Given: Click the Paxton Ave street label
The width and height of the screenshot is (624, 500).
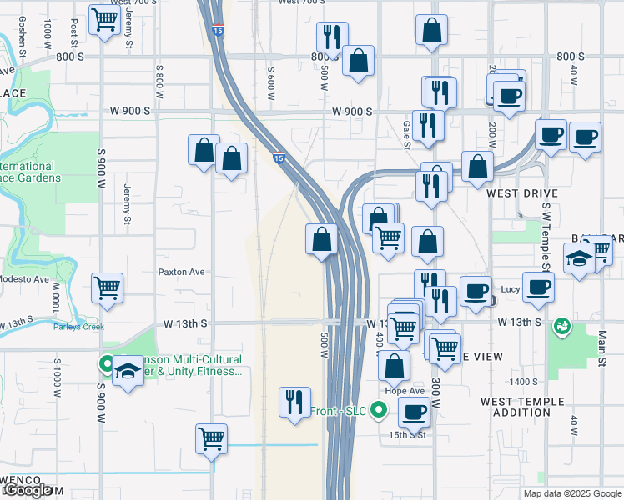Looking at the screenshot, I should click(182, 272).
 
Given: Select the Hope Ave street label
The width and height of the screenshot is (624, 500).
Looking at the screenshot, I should click(405, 390).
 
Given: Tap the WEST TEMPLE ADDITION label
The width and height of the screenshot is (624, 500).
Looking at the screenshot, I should click(522, 407).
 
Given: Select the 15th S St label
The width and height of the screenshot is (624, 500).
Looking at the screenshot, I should click(407, 434).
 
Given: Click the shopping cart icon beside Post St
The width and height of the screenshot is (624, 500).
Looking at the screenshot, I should click(104, 18).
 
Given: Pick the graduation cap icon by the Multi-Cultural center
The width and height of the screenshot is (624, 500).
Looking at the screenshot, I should click(128, 368).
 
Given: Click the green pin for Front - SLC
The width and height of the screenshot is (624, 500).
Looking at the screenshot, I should click(379, 410).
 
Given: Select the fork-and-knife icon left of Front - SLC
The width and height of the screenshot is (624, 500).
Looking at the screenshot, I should click(294, 402).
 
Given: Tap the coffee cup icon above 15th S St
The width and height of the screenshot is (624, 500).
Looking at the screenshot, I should click(414, 411).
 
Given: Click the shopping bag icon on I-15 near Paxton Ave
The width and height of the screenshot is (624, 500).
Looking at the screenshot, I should click(322, 240).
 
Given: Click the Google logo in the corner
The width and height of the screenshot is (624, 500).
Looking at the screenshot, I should click(26, 491).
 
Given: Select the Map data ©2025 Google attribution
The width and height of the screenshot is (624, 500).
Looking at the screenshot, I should click(571, 493).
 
